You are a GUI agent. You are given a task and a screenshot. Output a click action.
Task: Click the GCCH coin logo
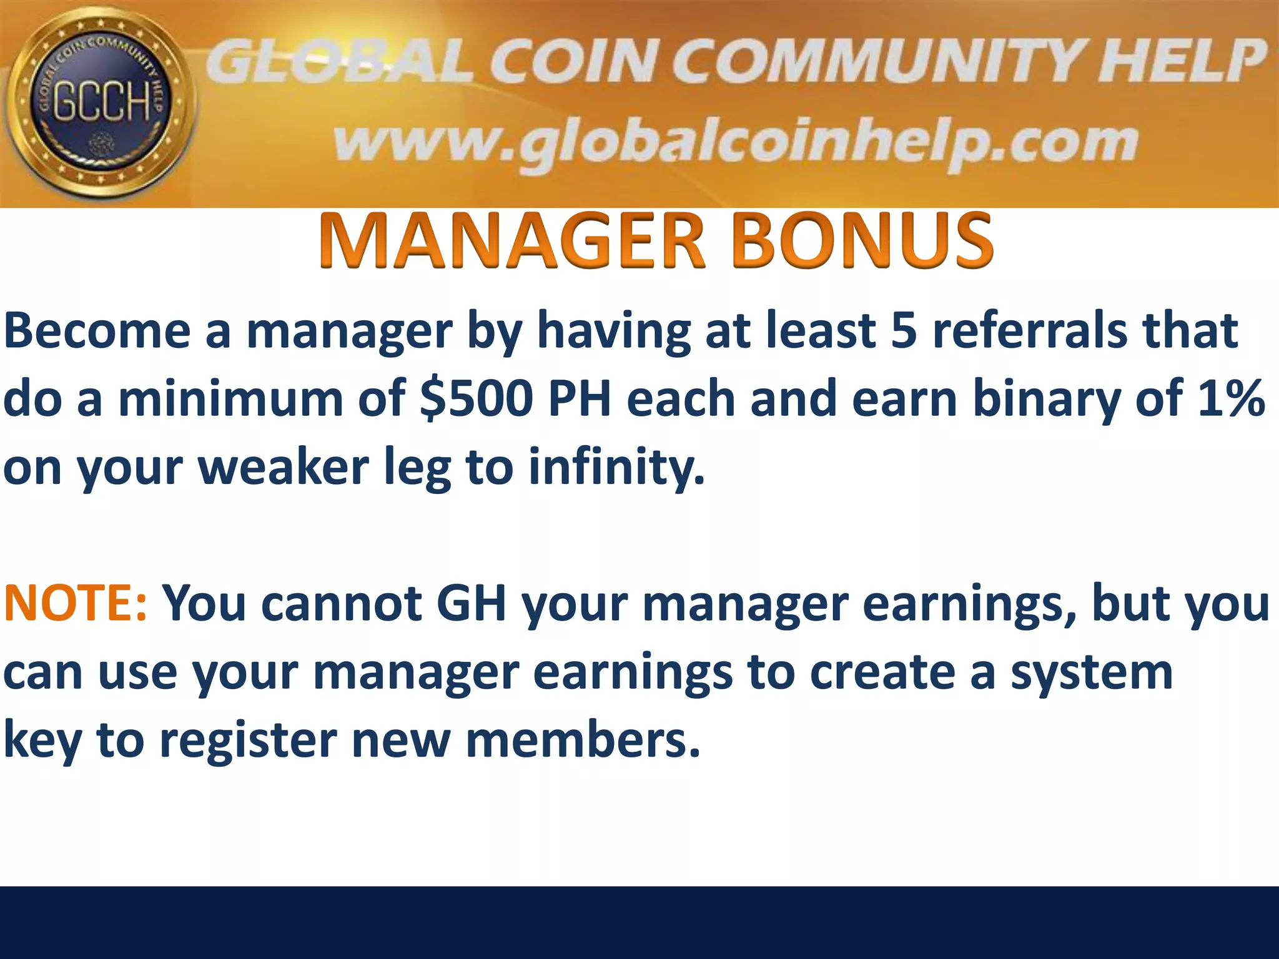100,103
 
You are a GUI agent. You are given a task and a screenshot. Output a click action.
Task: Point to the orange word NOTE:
75,603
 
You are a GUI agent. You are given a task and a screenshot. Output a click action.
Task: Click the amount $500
476,400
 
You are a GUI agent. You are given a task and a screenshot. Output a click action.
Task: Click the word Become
97,331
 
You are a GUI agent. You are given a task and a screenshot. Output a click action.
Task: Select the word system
1092,673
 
